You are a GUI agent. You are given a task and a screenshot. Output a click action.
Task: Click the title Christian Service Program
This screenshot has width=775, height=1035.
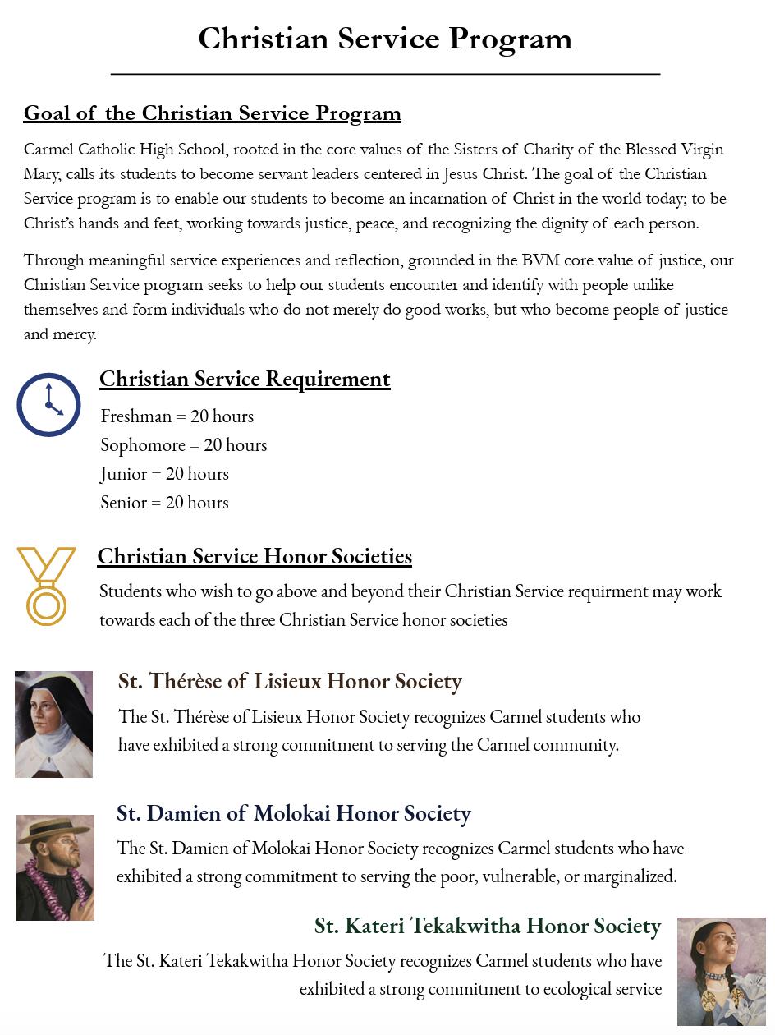tap(385, 39)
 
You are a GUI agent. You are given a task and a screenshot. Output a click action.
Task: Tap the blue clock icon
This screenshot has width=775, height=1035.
tap(48, 405)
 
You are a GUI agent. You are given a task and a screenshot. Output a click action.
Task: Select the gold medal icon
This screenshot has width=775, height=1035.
tap(46, 586)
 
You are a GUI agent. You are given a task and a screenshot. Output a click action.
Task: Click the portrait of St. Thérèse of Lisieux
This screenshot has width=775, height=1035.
tap(53, 724)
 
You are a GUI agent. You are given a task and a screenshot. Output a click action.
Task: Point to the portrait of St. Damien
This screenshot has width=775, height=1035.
tap(55, 867)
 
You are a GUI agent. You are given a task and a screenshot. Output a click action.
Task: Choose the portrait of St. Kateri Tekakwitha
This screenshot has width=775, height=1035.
tap(721, 972)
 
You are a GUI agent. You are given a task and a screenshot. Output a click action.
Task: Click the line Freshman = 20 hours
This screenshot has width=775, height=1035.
tap(177, 416)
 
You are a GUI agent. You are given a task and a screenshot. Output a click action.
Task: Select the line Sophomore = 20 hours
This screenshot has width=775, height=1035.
tap(183, 445)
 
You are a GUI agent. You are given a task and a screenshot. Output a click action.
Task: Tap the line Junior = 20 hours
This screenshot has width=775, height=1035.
tap(164, 474)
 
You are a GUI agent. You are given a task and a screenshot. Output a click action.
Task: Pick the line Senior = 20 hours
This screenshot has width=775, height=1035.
tap(164, 503)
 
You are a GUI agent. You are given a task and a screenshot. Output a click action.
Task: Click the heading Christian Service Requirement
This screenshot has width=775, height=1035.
tap(245, 379)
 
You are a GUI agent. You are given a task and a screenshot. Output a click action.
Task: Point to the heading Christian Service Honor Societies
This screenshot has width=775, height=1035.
tap(255, 556)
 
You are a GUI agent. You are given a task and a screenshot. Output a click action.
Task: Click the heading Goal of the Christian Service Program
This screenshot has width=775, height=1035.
tap(212, 113)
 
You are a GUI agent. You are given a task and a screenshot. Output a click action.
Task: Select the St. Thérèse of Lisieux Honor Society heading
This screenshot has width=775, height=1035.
tap(290, 681)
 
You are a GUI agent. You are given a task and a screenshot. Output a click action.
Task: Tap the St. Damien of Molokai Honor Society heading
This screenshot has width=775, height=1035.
tap(293, 813)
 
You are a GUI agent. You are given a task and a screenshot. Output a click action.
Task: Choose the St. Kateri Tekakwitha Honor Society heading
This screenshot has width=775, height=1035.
tap(488, 926)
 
